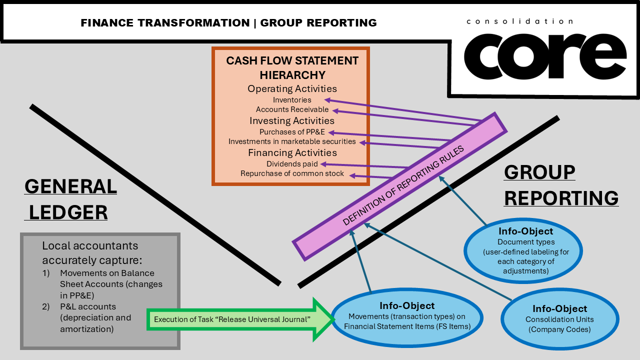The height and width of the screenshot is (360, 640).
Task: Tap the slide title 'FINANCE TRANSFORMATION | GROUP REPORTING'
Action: (228, 22)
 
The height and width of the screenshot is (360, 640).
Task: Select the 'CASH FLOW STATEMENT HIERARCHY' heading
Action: (292, 67)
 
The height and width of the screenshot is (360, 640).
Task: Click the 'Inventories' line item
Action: (292, 100)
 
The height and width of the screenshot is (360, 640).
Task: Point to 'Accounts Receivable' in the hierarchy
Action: (292, 109)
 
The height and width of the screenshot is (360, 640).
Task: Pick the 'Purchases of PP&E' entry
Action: (292, 132)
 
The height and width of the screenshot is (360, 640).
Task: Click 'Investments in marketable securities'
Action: (292, 141)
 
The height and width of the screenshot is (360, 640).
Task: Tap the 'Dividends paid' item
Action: (292, 164)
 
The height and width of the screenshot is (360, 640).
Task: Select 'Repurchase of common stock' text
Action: (292, 173)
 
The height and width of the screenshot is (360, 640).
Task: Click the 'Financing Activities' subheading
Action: (292, 152)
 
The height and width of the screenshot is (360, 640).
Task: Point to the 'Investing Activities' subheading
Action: (292, 120)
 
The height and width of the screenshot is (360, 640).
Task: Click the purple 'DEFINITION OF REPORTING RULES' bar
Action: (400, 186)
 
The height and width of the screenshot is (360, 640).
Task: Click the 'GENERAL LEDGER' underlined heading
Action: (70, 199)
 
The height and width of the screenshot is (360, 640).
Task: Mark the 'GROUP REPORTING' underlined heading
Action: (560, 185)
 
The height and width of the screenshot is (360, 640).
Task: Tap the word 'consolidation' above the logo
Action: (519, 21)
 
